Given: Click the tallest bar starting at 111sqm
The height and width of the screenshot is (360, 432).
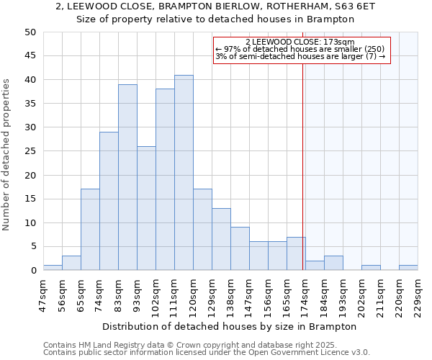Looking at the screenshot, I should pyautogui.click(x=184, y=173).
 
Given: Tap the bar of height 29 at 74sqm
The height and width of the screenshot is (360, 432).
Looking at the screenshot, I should pyautogui.click(x=109, y=201).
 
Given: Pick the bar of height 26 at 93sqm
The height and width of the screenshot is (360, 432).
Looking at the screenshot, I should pyautogui.click(x=146, y=208).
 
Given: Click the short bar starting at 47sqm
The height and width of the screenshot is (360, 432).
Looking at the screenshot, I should pyautogui.click(x=53, y=268).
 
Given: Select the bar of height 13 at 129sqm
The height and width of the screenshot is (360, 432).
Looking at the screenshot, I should pyautogui.click(x=221, y=239).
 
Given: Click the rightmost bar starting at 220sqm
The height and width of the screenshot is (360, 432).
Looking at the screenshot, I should pyautogui.click(x=408, y=268).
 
